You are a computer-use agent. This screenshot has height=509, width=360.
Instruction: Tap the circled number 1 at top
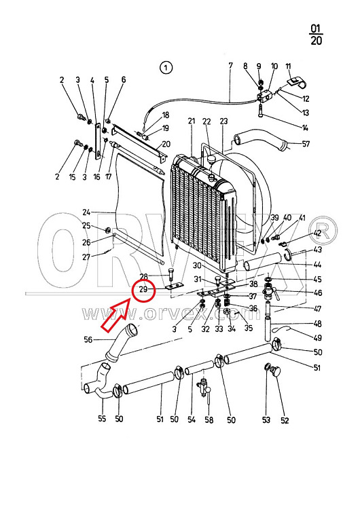pyautogui.click(x=166, y=67)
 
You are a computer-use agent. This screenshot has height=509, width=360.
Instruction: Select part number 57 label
pyautogui.click(x=306, y=143)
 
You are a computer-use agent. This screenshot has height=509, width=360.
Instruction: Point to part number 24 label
pyautogui.click(x=86, y=212)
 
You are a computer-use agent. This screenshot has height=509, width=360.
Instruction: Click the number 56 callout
pyautogui.click(x=88, y=339)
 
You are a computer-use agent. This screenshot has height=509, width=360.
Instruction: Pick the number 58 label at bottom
pyautogui.click(x=209, y=419)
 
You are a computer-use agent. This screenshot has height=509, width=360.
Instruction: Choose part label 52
pyautogui.click(x=285, y=420)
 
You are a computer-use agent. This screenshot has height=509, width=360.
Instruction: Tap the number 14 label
pyautogui.click(x=305, y=128)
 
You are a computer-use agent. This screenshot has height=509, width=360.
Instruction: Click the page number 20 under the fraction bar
pyautogui.click(x=316, y=41)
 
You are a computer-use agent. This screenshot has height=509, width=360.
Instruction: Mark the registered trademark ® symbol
pyautogui.click(x=323, y=230)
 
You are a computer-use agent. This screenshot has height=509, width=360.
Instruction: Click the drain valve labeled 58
pyautogui.click(x=204, y=388)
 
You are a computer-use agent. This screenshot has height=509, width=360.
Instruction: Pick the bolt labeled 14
pyautogui.click(x=262, y=111)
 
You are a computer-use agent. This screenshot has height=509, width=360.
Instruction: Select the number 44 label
pyautogui.click(x=317, y=265)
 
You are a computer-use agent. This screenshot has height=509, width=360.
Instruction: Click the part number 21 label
pyautogui.click(x=192, y=121)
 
